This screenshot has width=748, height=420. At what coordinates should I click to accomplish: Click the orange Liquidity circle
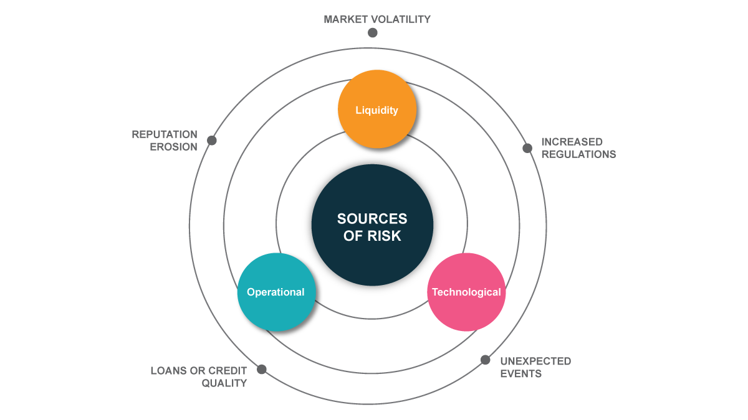(376, 109)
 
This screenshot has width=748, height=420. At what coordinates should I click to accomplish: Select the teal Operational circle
(276, 292)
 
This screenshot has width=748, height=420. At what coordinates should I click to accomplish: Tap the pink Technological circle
(466, 292)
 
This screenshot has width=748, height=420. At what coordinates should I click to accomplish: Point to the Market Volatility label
(377, 19)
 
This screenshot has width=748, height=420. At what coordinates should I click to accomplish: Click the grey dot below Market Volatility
(373, 33)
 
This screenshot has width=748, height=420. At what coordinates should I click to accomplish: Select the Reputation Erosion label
(165, 141)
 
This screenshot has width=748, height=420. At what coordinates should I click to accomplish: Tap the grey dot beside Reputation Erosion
(212, 141)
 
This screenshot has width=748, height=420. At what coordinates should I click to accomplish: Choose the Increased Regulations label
(578, 148)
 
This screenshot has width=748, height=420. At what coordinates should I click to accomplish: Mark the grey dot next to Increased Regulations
(527, 148)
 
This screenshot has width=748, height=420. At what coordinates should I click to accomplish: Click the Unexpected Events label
(535, 367)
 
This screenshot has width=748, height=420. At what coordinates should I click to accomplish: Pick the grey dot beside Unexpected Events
(485, 360)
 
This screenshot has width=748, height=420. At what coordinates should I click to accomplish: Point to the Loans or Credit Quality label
(199, 377)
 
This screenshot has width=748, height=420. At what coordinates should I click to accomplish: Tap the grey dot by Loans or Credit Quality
(262, 369)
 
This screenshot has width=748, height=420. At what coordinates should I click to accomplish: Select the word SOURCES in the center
(372, 219)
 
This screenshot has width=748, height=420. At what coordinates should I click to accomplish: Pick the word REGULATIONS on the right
(578, 154)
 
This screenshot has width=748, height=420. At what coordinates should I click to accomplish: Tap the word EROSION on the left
(174, 147)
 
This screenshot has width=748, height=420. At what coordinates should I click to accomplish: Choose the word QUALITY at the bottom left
(224, 383)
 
